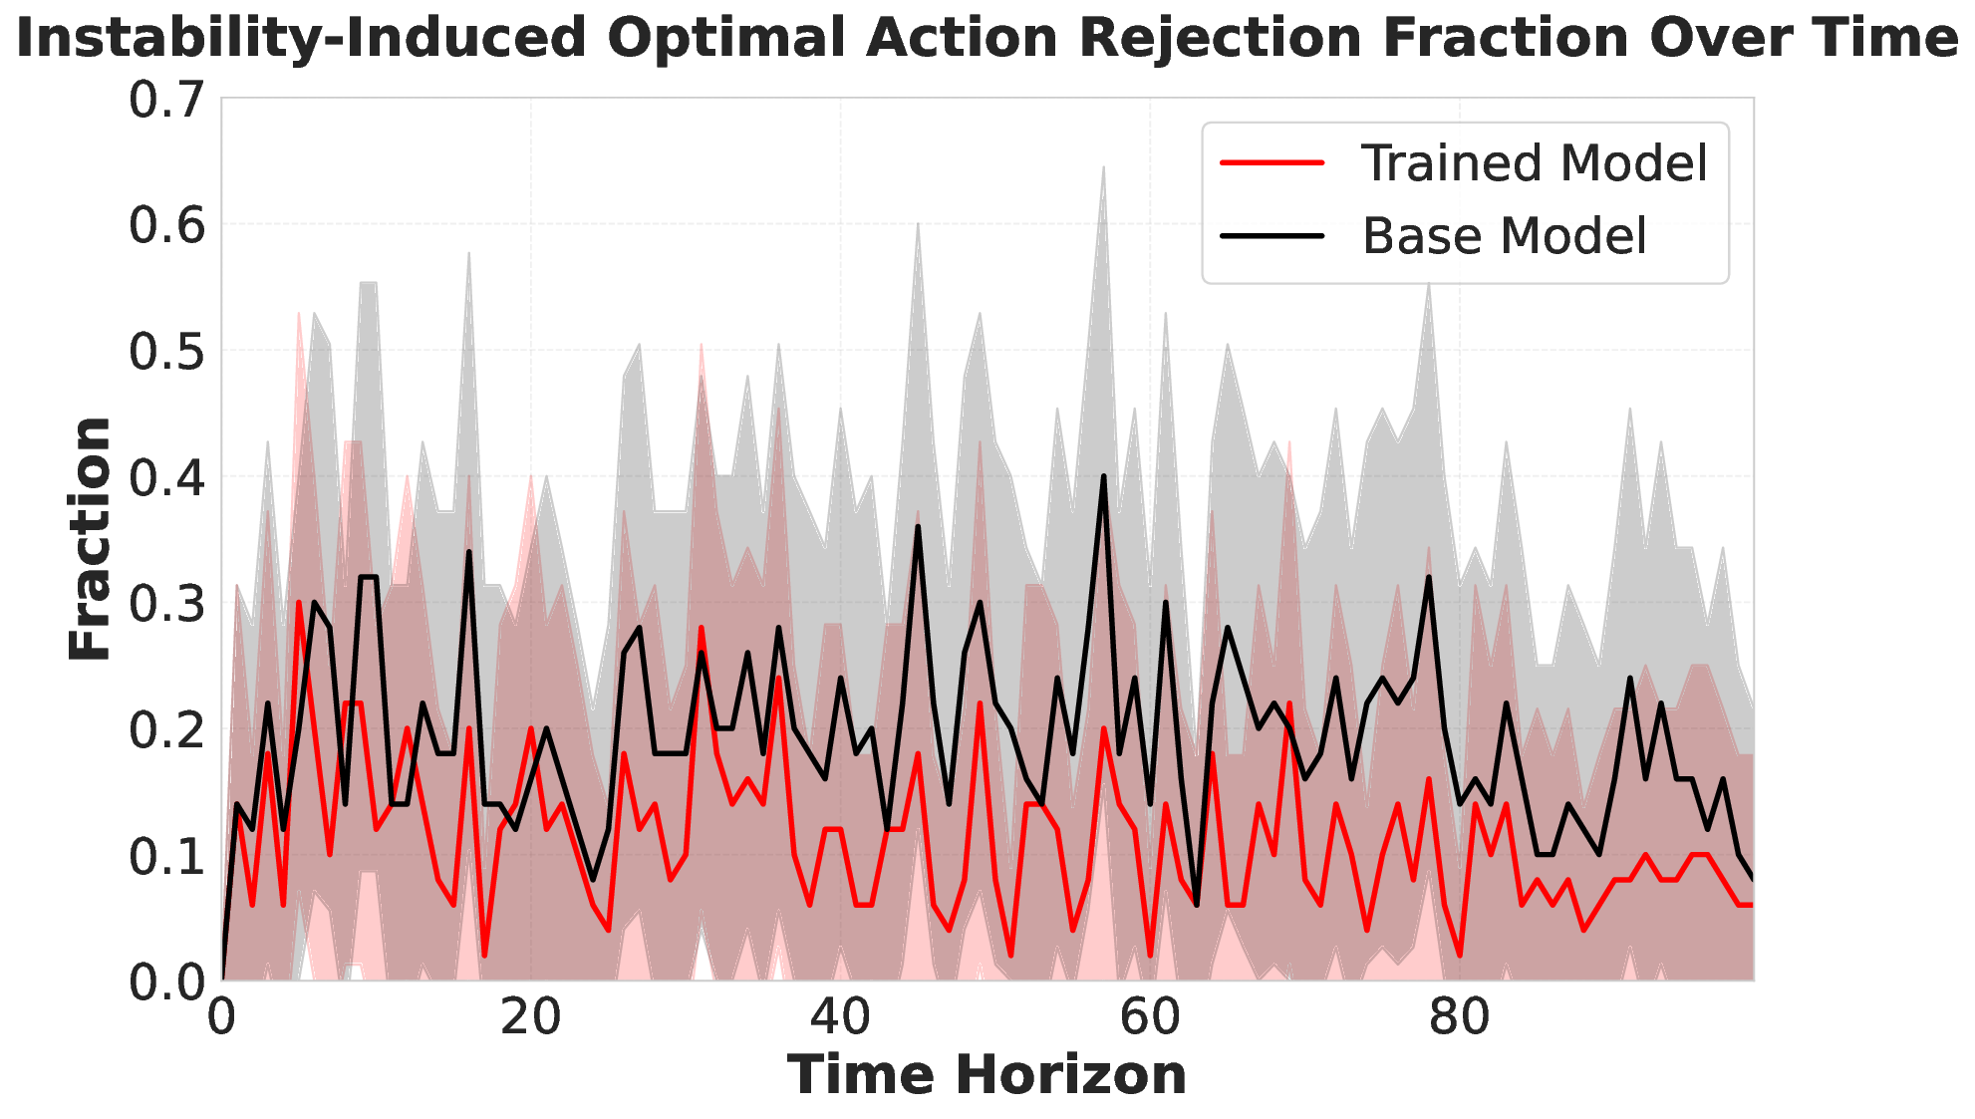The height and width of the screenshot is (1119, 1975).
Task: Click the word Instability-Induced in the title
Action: [x=301, y=40]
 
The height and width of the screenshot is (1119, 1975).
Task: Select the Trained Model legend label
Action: [x=1535, y=162]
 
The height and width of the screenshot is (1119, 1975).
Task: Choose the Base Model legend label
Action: [x=1505, y=236]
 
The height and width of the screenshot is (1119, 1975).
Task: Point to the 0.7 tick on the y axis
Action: [x=167, y=100]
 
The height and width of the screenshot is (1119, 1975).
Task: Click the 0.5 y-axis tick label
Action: [x=167, y=352]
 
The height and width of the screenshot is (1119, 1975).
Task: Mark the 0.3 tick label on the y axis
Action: [x=167, y=604]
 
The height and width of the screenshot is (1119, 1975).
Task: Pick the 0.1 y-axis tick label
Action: [x=167, y=856]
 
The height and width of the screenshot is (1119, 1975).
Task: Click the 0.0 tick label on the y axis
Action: [x=167, y=981]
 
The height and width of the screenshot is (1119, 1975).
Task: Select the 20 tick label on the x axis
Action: [x=531, y=1018]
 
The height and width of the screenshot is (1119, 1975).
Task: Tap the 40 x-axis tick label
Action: [x=840, y=1018]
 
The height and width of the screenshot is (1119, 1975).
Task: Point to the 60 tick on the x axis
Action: [x=1150, y=1018]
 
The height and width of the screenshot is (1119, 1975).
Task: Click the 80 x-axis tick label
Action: [x=1460, y=1018]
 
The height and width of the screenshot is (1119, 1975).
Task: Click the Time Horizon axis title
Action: [x=987, y=1076]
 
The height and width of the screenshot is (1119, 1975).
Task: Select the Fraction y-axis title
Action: [x=90, y=539]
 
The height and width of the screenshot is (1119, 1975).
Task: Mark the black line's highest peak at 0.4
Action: [x=1103, y=476]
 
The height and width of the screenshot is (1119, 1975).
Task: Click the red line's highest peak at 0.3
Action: [x=299, y=602]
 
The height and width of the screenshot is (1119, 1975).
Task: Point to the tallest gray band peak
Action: [x=1103, y=167]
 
